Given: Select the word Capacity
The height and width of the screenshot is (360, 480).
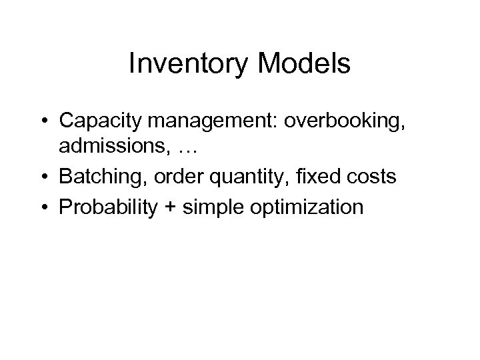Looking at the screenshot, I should pos(101,122).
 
